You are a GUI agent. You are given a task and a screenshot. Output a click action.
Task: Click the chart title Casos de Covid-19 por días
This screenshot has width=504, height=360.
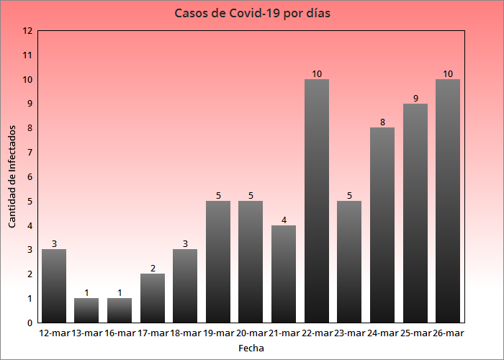[x=252, y=13]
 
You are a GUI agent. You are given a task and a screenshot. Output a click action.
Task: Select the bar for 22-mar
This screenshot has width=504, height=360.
[x=317, y=201]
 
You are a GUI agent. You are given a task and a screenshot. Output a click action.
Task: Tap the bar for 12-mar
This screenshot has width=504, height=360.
[x=54, y=286]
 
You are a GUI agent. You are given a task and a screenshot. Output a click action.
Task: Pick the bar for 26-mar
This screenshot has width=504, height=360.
[x=448, y=201]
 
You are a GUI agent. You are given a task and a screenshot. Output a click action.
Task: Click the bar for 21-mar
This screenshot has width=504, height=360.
[x=284, y=274]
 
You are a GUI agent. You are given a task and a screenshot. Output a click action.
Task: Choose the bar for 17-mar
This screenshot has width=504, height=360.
[x=153, y=298]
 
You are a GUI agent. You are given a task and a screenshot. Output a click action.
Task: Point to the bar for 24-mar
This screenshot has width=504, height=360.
[x=382, y=225]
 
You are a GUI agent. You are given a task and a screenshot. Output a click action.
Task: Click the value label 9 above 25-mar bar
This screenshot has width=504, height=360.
[x=415, y=98]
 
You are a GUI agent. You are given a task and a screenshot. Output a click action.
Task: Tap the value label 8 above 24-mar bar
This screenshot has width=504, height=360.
[x=382, y=122]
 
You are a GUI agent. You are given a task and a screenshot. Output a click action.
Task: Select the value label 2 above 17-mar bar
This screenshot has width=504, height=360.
[x=153, y=269]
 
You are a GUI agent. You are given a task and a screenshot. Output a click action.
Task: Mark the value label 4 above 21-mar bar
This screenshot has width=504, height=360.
[x=284, y=220]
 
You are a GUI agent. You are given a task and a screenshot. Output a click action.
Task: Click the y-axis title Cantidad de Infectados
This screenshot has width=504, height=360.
[x=12, y=176]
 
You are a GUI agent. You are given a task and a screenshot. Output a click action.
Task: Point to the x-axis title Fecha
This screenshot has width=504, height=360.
[x=251, y=348]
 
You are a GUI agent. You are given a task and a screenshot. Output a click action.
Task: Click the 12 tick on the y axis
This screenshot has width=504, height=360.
[x=27, y=31]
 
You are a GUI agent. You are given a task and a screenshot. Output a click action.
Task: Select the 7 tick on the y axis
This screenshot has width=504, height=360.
[x=27, y=153]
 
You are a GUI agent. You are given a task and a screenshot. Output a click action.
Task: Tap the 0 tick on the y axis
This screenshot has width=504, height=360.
[x=27, y=323]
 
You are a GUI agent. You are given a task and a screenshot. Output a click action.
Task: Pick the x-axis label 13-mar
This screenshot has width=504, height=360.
[x=87, y=333]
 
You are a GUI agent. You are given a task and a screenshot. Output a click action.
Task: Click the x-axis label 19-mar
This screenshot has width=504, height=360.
[x=218, y=333]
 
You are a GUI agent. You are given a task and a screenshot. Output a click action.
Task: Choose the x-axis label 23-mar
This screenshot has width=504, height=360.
[x=349, y=333]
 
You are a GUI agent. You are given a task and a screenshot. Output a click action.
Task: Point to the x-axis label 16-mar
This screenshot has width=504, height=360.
[x=120, y=333]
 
